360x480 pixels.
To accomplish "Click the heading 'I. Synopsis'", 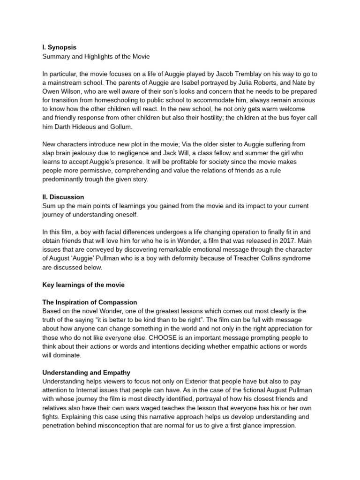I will pyautogui.click(x=60, y=47).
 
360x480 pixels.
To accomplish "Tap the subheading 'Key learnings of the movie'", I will pyautogui.click(x=83, y=285).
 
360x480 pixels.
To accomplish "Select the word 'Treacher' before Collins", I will pyautogui.click(x=264, y=259).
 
